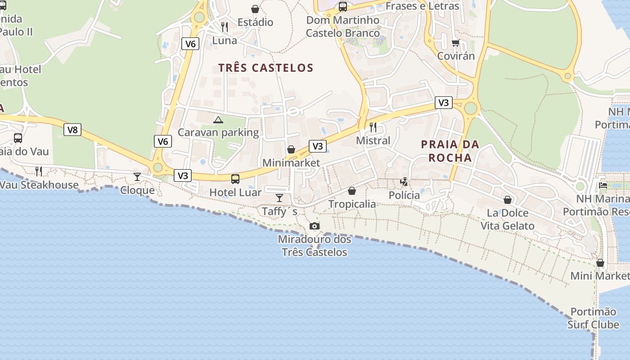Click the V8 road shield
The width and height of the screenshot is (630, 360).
(x=72, y=130)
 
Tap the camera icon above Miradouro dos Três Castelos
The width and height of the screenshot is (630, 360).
(x=315, y=226)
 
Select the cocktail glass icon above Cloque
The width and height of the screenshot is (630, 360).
(x=137, y=176)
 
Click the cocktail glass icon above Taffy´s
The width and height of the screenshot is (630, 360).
(x=279, y=198)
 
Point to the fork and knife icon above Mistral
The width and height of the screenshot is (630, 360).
(x=373, y=127)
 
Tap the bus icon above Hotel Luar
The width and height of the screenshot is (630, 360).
(x=235, y=179)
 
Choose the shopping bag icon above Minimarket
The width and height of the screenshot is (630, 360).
(x=291, y=149)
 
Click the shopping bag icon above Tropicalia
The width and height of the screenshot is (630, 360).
(x=352, y=191)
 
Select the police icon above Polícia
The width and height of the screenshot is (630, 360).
(x=404, y=181)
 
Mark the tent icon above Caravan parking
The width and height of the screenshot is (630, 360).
(x=218, y=120)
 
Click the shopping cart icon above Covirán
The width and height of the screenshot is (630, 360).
(x=455, y=43)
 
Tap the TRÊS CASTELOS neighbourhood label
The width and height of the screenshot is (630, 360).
(x=265, y=68)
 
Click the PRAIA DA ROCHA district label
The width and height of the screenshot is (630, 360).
(x=450, y=151)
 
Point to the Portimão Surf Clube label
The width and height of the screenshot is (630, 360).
(x=593, y=318)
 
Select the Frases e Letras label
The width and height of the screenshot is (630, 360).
(x=422, y=6)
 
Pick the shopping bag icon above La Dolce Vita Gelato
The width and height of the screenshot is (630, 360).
(x=508, y=199)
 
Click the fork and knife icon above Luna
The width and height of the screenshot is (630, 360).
(x=225, y=27)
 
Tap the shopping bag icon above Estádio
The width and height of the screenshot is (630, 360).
(x=255, y=9)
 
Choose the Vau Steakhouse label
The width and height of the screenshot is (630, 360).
(x=39, y=185)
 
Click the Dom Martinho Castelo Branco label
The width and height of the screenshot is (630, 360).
(x=343, y=27)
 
